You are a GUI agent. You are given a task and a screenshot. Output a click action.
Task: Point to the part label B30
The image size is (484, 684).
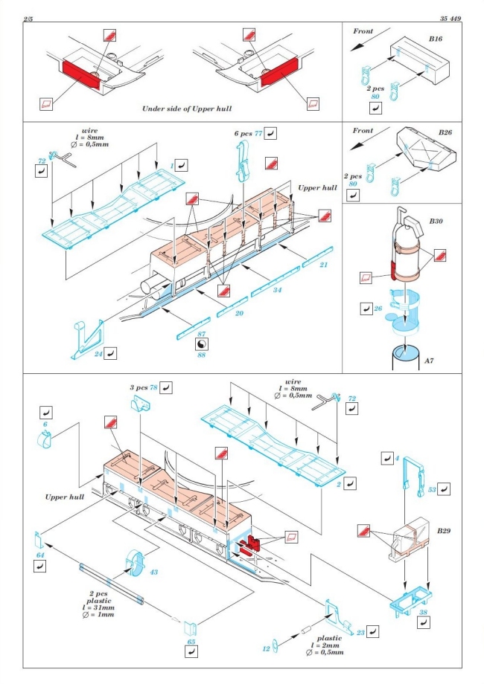[x=436, y=222]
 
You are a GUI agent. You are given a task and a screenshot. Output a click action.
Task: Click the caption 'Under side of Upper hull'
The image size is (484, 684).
[x=188, y=109]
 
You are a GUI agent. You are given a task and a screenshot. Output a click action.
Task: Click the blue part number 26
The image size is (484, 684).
[x=378, y=306]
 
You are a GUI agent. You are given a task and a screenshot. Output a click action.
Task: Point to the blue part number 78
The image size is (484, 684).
[x=153, y=387]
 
